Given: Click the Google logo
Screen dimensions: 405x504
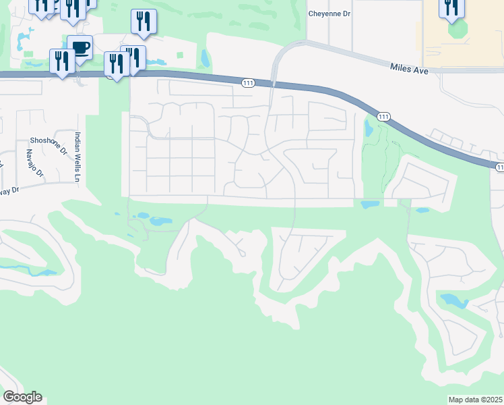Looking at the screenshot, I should coord(22,396).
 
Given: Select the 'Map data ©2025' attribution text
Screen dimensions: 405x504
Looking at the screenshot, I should coord(475,400).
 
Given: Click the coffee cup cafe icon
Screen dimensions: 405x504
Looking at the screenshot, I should coord(80,48).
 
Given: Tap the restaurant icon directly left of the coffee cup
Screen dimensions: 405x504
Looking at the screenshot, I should coord(61,61).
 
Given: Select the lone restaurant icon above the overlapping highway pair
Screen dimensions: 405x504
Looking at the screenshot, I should coord(143,21).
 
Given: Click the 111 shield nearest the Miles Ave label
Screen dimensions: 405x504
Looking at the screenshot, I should coord(383,117).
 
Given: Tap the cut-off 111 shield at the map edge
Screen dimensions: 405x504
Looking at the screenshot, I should coord(499,167).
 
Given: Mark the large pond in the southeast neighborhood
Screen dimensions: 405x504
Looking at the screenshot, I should coord(453,300).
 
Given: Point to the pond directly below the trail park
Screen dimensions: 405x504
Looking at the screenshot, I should coord(370,203).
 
